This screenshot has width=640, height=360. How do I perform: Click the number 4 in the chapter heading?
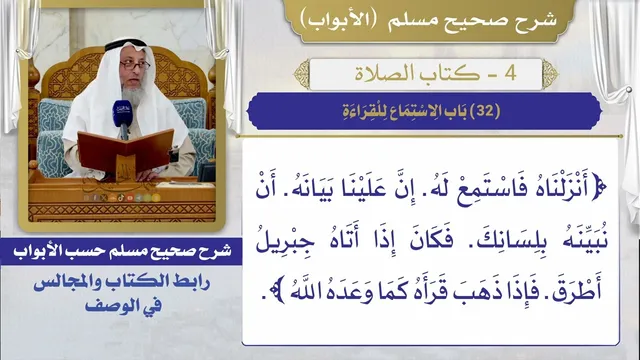click(510, 73)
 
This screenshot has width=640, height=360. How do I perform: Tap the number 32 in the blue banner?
click(485, 111)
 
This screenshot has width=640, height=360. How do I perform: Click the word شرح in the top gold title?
click(538, 20)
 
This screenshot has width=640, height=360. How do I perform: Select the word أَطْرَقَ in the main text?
click(577, 291)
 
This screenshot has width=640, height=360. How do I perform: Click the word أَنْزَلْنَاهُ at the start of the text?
click(556, 189)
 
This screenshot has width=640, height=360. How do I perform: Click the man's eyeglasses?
click(135, 65)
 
